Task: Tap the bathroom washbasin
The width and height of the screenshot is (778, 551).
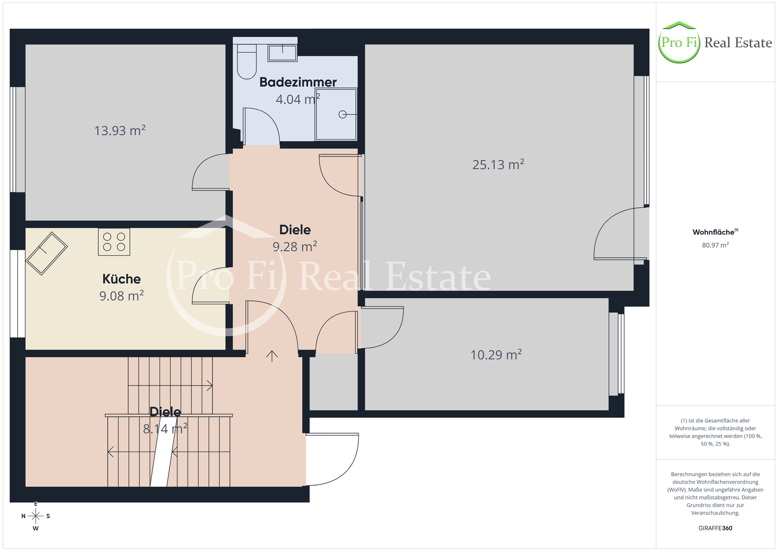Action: coord(283,53)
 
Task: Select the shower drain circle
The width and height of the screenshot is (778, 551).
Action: coord(343,115)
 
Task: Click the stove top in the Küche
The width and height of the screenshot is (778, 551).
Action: coord(114,242)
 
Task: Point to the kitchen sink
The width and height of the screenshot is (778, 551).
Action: coord(46,254)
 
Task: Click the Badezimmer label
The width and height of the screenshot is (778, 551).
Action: coord(298,82)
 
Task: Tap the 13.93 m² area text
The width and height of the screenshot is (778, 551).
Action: coord(120,131)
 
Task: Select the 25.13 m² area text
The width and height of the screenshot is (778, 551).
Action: coord(498,164)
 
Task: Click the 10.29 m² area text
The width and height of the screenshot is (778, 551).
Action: coord(496,355)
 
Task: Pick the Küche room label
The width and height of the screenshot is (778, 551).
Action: coord(122,279)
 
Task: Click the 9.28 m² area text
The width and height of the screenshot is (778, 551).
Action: coord(294,247)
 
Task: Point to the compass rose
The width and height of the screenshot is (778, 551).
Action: coord(36,516)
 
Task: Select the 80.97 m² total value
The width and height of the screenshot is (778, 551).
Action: coord(715,245)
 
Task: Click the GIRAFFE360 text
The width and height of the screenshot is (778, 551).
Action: coord(715,528)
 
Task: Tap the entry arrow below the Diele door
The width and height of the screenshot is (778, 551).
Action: coord(272,356)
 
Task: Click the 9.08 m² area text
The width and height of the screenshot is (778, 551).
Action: coord(122,296)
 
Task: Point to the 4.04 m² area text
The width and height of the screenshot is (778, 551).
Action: coord(298,99)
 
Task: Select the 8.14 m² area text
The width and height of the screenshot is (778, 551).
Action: coord(165,429)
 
